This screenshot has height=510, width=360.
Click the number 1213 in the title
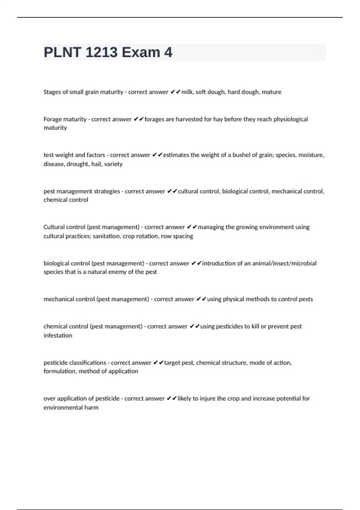[x=101, y=52]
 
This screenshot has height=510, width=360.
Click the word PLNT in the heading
[x=62, y=52]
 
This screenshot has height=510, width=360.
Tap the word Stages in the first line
[x=52, y=92]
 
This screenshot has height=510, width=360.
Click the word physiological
[x=290, y=119]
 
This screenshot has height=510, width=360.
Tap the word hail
[x=96, y=164]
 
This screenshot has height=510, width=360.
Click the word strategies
[x=107, y=191]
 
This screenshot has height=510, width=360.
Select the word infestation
[x=58, y=335]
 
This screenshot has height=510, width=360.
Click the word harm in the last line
[x=91, y=408]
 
